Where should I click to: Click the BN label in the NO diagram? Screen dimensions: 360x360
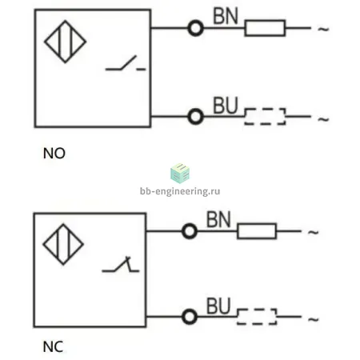pyautogui.click(x=226, y=16)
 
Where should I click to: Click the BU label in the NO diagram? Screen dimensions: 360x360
pyautogui.click(x=226, y=106)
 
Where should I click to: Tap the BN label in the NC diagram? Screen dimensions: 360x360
pyautogui.click(x=218, y=219)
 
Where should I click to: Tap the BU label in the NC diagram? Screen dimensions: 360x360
pyautogui.click(x=218, y=306)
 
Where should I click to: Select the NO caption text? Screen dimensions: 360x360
pyautogui.click(x=54, y=154)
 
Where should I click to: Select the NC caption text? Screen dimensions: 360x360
pyautogui.click(x=53, y=347)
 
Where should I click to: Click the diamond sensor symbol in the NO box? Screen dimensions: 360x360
pyautogui.click(x=45, y=42)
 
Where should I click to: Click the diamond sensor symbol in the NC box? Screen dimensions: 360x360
pyautogui.click(x=43, y=244)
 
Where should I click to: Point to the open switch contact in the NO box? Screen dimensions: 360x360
pyautogui.click(x=126, y=64)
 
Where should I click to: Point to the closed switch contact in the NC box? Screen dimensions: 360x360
pyautogui.click(x=121, y=266)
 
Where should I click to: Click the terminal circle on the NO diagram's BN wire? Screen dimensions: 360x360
pyautogui.click(x=195, y=22)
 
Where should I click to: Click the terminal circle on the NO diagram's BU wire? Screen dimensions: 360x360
pyautogui.click(x=195, y=110)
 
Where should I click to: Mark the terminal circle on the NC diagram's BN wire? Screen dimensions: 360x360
pyautogui.click(x=190, y=226)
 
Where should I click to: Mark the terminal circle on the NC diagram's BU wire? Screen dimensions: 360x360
pyautogui.click(x=190, y=311)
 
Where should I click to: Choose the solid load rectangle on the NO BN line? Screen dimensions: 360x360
pyautogui.click(x=265, y=20)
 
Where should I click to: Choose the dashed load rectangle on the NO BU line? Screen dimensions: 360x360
pyautogui.click(x=265, y=109)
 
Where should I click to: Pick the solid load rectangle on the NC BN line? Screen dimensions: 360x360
pyautogui.click(x=257, y=224)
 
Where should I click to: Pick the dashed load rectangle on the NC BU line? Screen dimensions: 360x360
pyautogui.click(x=257, y=310)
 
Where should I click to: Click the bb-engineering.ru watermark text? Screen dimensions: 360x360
pyautogui.click(x=180, y=191)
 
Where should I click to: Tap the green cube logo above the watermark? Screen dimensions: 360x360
pyautogui.click(x=180, y=173)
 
